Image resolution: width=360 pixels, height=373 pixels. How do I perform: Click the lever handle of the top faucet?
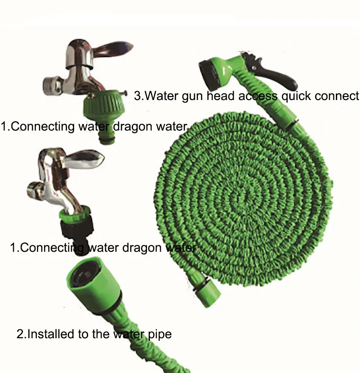click(112, 48)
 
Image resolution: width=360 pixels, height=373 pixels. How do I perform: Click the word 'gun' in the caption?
click(193, 97)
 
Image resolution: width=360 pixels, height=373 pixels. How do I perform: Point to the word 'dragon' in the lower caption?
click(142, 248)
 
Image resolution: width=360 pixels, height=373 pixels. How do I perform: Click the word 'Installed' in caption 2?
click(51, 334)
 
